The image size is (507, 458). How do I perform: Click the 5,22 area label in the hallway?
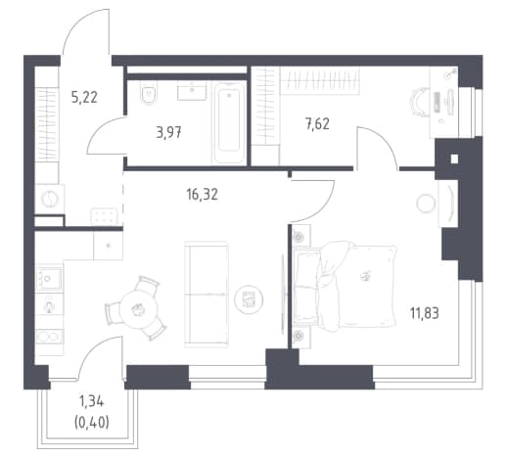point(84,97)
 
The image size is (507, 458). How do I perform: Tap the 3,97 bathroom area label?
point(168,133)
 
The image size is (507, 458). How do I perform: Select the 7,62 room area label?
point(317,124)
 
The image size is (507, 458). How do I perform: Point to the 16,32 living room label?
point(202,195)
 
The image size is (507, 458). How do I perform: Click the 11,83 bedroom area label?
point(425,313)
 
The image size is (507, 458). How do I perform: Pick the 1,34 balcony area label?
point(92,402)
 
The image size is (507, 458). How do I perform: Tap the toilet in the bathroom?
point(149,94)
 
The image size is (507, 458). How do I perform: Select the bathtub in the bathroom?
point(229,122)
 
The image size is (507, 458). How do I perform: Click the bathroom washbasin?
point(192,91)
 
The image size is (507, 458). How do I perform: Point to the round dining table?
point(138,309)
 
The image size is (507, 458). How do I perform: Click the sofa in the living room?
point(207,295)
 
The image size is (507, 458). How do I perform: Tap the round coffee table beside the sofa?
point(249,299)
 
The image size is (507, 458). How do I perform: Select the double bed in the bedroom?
point(346,286)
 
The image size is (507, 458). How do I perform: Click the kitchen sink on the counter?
point(49,278)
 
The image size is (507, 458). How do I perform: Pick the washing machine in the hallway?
point(50,199)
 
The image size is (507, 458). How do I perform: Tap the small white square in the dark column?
point(454,160)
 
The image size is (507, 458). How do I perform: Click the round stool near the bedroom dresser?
point(426,204)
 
